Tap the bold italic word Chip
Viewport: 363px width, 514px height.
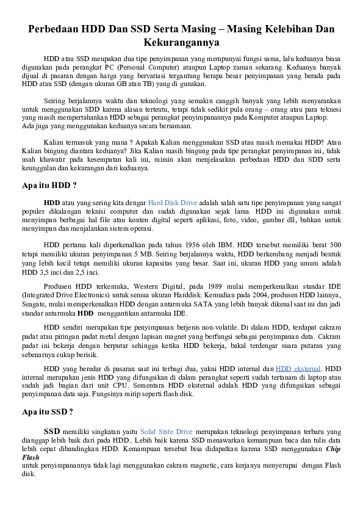[332, 449]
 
